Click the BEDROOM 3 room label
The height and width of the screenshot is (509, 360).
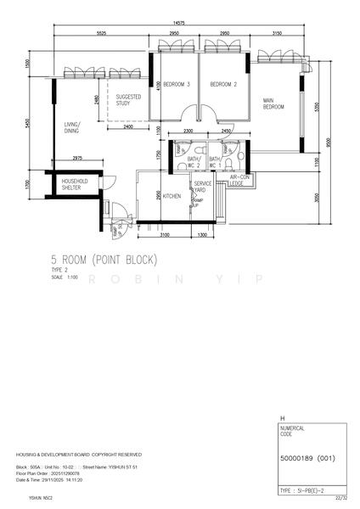point(176,84)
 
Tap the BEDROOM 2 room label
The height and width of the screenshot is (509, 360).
point(222,84)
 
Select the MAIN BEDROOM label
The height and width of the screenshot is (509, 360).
point(273,103)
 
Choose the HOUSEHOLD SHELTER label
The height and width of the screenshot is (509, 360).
point(75,184)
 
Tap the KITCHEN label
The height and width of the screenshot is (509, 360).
point(172,196)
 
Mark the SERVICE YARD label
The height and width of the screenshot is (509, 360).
point(202,187)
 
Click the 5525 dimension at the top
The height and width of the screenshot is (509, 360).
point(101,32)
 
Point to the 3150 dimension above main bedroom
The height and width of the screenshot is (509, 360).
point(277,32)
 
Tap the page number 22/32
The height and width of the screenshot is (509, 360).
point(341,499)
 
